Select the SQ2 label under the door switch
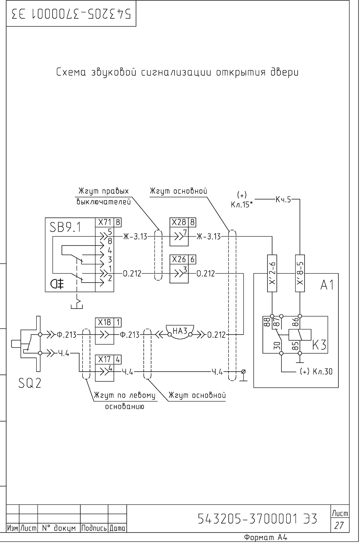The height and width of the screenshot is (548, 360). [30, 383]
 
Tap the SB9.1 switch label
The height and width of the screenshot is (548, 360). [65, 227]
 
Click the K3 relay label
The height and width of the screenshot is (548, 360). [319, 345]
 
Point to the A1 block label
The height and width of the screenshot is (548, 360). [327, 285]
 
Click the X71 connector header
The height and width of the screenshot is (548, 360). [104, 223]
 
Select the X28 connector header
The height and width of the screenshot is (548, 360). [179, 223]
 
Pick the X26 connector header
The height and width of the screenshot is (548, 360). [179, 259]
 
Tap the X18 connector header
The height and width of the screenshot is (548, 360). [104, 323]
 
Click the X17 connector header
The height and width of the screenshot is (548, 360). [104, 359]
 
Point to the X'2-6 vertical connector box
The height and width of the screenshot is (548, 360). [272, 273]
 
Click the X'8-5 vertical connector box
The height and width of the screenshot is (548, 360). [300, 273]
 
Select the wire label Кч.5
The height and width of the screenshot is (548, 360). [283, 199]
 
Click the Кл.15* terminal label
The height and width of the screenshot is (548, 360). [242, 205]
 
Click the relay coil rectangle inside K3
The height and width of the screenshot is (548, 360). [300, 335]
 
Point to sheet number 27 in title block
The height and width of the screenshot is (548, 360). [339, 525]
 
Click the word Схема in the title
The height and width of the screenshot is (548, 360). [71, 72]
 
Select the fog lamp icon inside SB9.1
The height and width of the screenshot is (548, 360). [57, 283]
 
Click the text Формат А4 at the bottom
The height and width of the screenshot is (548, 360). [266, 538]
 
